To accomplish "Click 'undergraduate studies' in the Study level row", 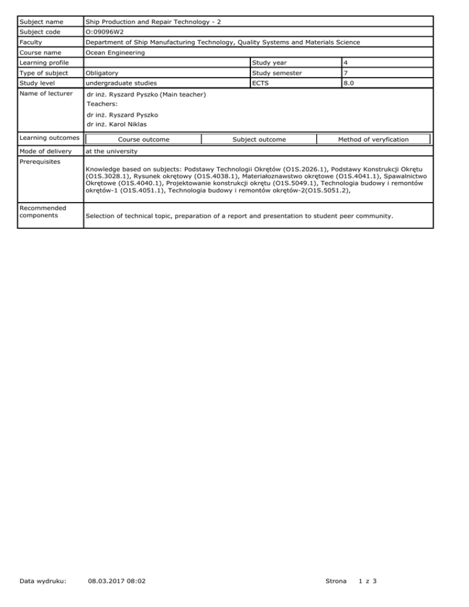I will click(122, 83).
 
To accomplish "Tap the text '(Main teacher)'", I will click(183, 95).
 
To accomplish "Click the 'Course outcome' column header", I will click(144, 139).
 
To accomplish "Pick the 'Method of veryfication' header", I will click(373, 139).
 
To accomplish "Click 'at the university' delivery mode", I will click(110, 150).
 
